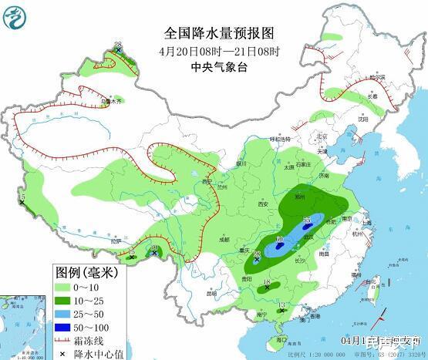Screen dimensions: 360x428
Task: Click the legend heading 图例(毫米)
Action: click(x=86, y=271)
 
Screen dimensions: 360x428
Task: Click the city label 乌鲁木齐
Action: click(x=112, y=101)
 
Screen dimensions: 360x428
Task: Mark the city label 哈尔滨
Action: click(x=376, y=78)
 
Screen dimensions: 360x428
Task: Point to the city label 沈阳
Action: click(x=362, y=120)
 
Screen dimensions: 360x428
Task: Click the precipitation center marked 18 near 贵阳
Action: click(x=267, y=285)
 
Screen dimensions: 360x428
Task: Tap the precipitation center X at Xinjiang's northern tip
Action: click(x=118, y=49)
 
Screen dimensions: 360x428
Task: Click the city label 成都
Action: click(x=224, y=240)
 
